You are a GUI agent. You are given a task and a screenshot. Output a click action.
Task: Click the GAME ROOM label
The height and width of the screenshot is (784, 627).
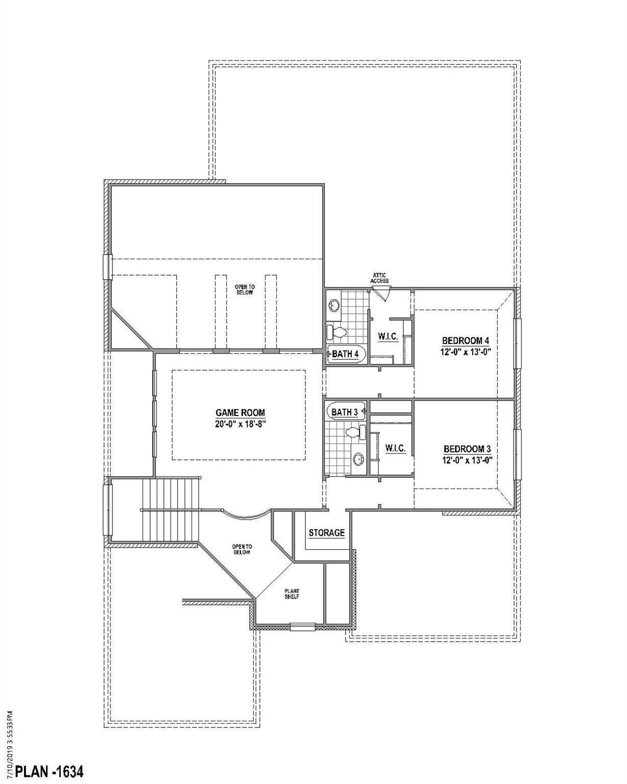click(x=240, y=413)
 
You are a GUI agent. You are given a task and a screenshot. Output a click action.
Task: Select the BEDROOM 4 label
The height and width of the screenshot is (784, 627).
click(x=466, y=341)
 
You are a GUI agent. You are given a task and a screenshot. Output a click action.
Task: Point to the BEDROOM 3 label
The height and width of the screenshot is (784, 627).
click(x=467, y=449)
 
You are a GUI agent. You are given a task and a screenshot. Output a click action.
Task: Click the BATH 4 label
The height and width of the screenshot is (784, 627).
click(x=345, y=354)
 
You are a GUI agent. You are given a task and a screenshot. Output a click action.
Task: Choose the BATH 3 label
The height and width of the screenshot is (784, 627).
click(x=345, y=412)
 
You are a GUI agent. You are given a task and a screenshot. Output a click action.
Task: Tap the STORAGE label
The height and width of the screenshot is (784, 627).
click(x=327, y=533)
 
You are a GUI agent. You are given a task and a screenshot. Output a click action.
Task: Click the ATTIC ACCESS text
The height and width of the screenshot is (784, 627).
click(x=379, y=278)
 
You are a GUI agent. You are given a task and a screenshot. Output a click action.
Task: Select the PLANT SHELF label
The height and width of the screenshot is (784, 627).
click(x=292, y=594)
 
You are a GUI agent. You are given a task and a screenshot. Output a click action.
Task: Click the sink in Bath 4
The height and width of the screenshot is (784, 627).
click(x=333, y=305)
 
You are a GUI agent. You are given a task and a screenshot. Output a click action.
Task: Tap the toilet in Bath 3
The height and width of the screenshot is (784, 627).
click(x=355, y=432)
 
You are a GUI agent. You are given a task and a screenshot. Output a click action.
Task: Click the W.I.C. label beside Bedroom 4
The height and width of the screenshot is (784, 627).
click(x=388, y=337)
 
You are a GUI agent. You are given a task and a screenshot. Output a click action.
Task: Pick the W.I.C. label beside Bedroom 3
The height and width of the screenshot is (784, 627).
click(x=395, y=448)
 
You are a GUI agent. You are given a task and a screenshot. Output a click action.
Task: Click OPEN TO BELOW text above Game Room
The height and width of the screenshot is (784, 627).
click(x=245, y=289)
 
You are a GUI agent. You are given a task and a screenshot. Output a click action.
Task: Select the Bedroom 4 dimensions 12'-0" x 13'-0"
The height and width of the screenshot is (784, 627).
click(x=466, y=352)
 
